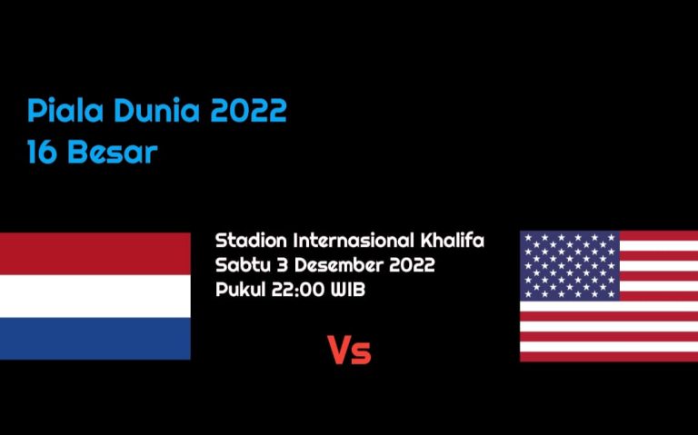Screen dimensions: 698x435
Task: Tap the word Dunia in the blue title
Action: tap(156, 110)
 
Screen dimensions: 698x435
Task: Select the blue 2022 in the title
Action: tap(248, 110)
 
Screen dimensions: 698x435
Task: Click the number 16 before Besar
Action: tap(43, 153)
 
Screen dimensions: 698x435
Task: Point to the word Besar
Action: tap(113, 153)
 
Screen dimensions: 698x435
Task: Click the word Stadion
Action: tap(252, 240)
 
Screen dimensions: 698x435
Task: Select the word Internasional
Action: tap(354, 240)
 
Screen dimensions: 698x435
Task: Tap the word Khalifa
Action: tap(453, 240)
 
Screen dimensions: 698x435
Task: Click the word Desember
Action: tap(339, 264)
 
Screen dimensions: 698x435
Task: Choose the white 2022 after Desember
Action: tap(412, 265)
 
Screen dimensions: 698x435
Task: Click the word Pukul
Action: tap(240, 290)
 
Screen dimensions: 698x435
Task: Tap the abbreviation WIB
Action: tap(348, 290)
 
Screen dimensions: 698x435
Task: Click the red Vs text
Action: tap(349, 351)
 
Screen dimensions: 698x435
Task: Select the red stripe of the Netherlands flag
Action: tap(95, 253)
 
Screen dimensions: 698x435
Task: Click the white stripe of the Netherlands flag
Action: tap(95, 296)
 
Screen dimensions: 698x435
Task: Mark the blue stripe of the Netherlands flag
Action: tap(95, 338)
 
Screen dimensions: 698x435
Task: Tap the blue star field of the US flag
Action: tap(570, 265)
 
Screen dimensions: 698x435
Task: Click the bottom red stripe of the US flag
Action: tap(609, 356)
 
